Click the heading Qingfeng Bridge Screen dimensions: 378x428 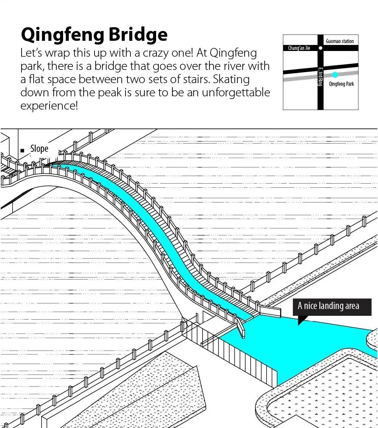94,35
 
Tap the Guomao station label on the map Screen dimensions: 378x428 339,41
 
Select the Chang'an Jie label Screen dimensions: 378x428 299,48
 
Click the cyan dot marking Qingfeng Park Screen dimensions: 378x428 335,75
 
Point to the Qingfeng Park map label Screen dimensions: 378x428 341,84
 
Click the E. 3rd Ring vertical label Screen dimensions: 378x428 320,77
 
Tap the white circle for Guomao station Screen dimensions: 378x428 321,48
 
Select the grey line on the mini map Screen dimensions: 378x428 302,79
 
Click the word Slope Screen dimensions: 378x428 39,149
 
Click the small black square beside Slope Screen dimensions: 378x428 23,150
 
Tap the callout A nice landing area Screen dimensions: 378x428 328,306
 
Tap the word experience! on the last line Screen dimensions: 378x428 49,106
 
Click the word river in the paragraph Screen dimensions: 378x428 239,66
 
